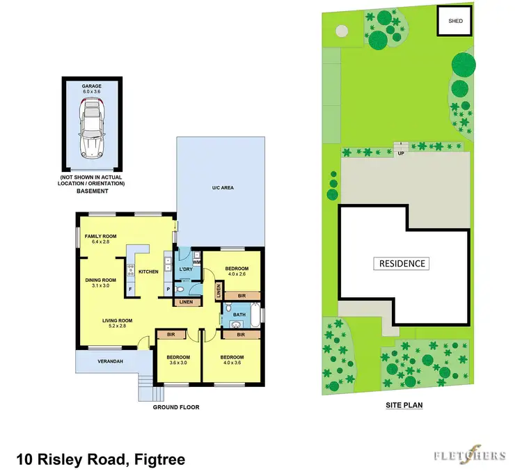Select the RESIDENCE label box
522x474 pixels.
tap(402, 264)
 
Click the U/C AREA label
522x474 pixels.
tap(221, 188)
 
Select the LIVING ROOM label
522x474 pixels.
tap(117, 320)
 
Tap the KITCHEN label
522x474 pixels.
tap(149, 271)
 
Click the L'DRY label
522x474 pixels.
tap(185, 269)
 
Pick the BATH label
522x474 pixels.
tap(239, 315)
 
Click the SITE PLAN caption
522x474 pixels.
tap(404, 404)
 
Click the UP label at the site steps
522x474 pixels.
tap(400, 153)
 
